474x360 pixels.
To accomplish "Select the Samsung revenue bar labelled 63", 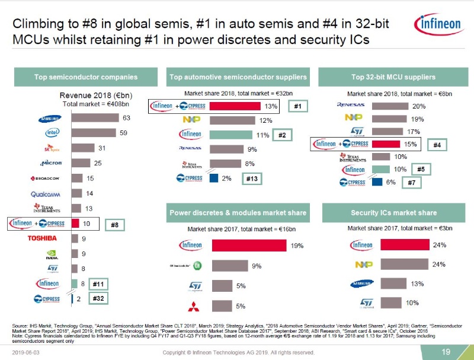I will tap(95, 117).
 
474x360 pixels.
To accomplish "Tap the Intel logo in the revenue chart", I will tap(52, 132).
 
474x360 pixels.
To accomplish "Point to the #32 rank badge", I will tap(98, 300).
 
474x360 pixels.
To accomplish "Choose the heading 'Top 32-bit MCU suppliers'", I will tap(393, 77).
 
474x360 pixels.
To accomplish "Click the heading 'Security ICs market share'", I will tap(393, 212).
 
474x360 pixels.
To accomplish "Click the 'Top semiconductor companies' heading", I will tap(86, 77).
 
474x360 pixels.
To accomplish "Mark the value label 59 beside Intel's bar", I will tap(123, 133).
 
